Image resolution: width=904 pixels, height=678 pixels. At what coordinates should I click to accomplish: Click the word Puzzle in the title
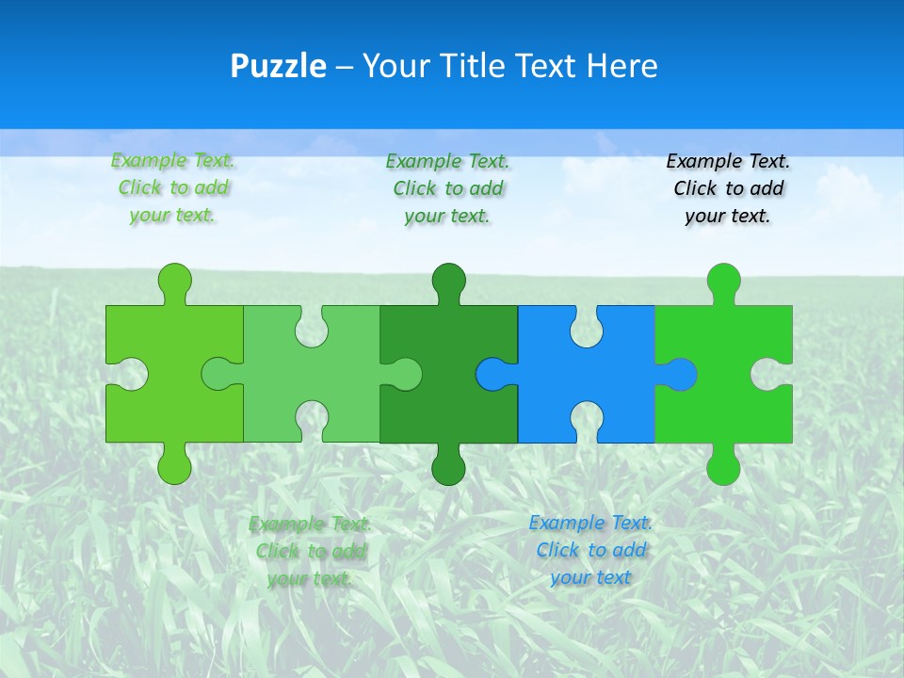click(x=278, y=66)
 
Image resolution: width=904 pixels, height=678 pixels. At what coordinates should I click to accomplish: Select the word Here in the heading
click(x=621, y=66)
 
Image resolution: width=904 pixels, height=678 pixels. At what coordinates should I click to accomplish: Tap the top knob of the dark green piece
click(x=448, y=281)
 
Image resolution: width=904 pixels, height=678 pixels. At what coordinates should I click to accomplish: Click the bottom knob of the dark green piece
click(x=448, y=467)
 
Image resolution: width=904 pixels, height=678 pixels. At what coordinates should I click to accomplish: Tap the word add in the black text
click(x=767, y=188)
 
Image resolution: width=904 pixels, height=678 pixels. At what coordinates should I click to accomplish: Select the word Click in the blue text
click(x=561, y=550)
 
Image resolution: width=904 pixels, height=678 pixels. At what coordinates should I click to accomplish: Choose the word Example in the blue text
click(x=565, y=523)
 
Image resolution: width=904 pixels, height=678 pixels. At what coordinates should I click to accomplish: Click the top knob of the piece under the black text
click(x=723, y=281)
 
